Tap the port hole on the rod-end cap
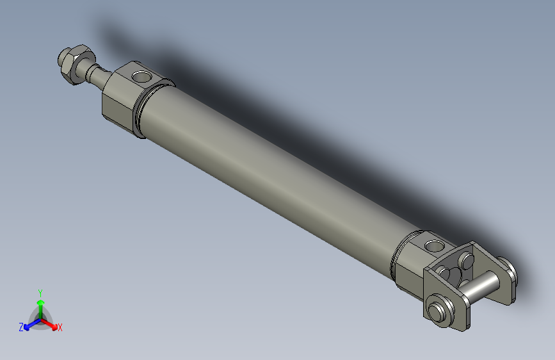pos(141,78)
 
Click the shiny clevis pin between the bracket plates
pos(483,289)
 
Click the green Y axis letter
pos(40,291)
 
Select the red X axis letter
pos(60,328)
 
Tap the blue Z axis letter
pos(21,327)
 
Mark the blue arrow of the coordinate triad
pos(29,325)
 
